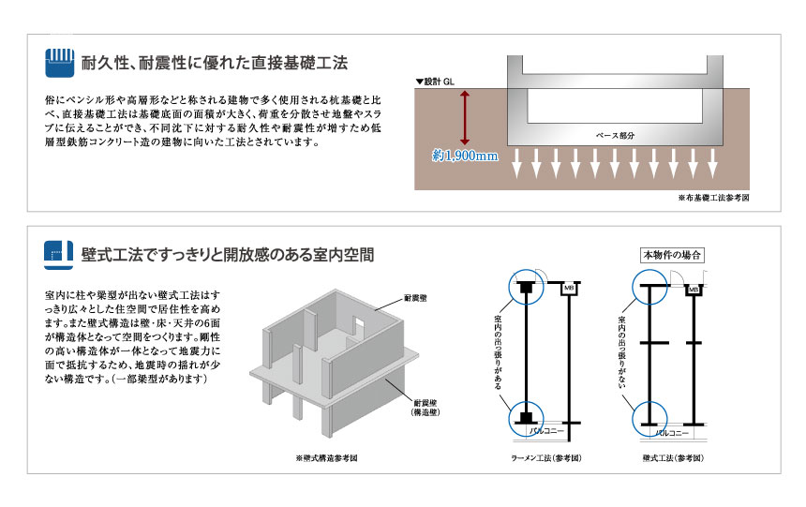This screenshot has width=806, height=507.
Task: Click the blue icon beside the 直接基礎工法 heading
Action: pos(60,64)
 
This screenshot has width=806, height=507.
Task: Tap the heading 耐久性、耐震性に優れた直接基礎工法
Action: pos(215,64)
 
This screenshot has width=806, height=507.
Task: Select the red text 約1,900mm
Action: pos(465,155)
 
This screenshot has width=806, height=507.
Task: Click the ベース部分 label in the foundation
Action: pos(616,135)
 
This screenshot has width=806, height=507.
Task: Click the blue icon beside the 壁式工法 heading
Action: pos(60,253)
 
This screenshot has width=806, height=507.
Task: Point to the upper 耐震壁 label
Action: pos(415,297)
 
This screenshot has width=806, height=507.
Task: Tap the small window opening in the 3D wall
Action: pos(359,324)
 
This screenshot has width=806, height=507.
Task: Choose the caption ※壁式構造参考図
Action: pos(326,458)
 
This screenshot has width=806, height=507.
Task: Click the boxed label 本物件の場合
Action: pos(671,255)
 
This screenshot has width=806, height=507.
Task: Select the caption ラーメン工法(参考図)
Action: pos(546,458)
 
